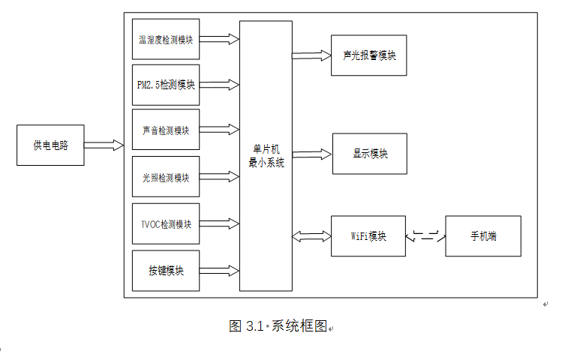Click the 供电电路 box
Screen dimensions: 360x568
click(x=50, y=145)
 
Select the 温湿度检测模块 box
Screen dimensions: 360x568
click(x=166, y=39)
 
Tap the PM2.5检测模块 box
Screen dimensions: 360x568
click(x=166, y=85)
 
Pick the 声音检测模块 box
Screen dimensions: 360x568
click(x=166, y=131)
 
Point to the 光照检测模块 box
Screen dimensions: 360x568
click(x=166, y=177)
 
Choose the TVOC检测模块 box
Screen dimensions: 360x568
click(x=166, y=223)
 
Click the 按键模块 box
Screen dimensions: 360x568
click(x=166, y=270)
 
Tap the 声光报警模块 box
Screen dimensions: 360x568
click(x=368, y=55)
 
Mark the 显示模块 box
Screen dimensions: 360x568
click(x=369, y=154)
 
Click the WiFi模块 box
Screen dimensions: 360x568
click(x=368, y=235)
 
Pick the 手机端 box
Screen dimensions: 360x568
click(x=482, y=235)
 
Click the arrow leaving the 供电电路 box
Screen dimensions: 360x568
click(x=104, y=144)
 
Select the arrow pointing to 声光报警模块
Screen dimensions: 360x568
click(x=311, y=55)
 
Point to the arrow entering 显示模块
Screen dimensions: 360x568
click(x=311, y=154)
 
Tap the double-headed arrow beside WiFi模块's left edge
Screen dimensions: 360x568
click(x=311, y=236)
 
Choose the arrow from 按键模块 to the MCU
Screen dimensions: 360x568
click(x=219, y=268)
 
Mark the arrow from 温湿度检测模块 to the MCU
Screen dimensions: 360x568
click(x=219, y=38)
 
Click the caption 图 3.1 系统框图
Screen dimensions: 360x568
click(x=278, y=326)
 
